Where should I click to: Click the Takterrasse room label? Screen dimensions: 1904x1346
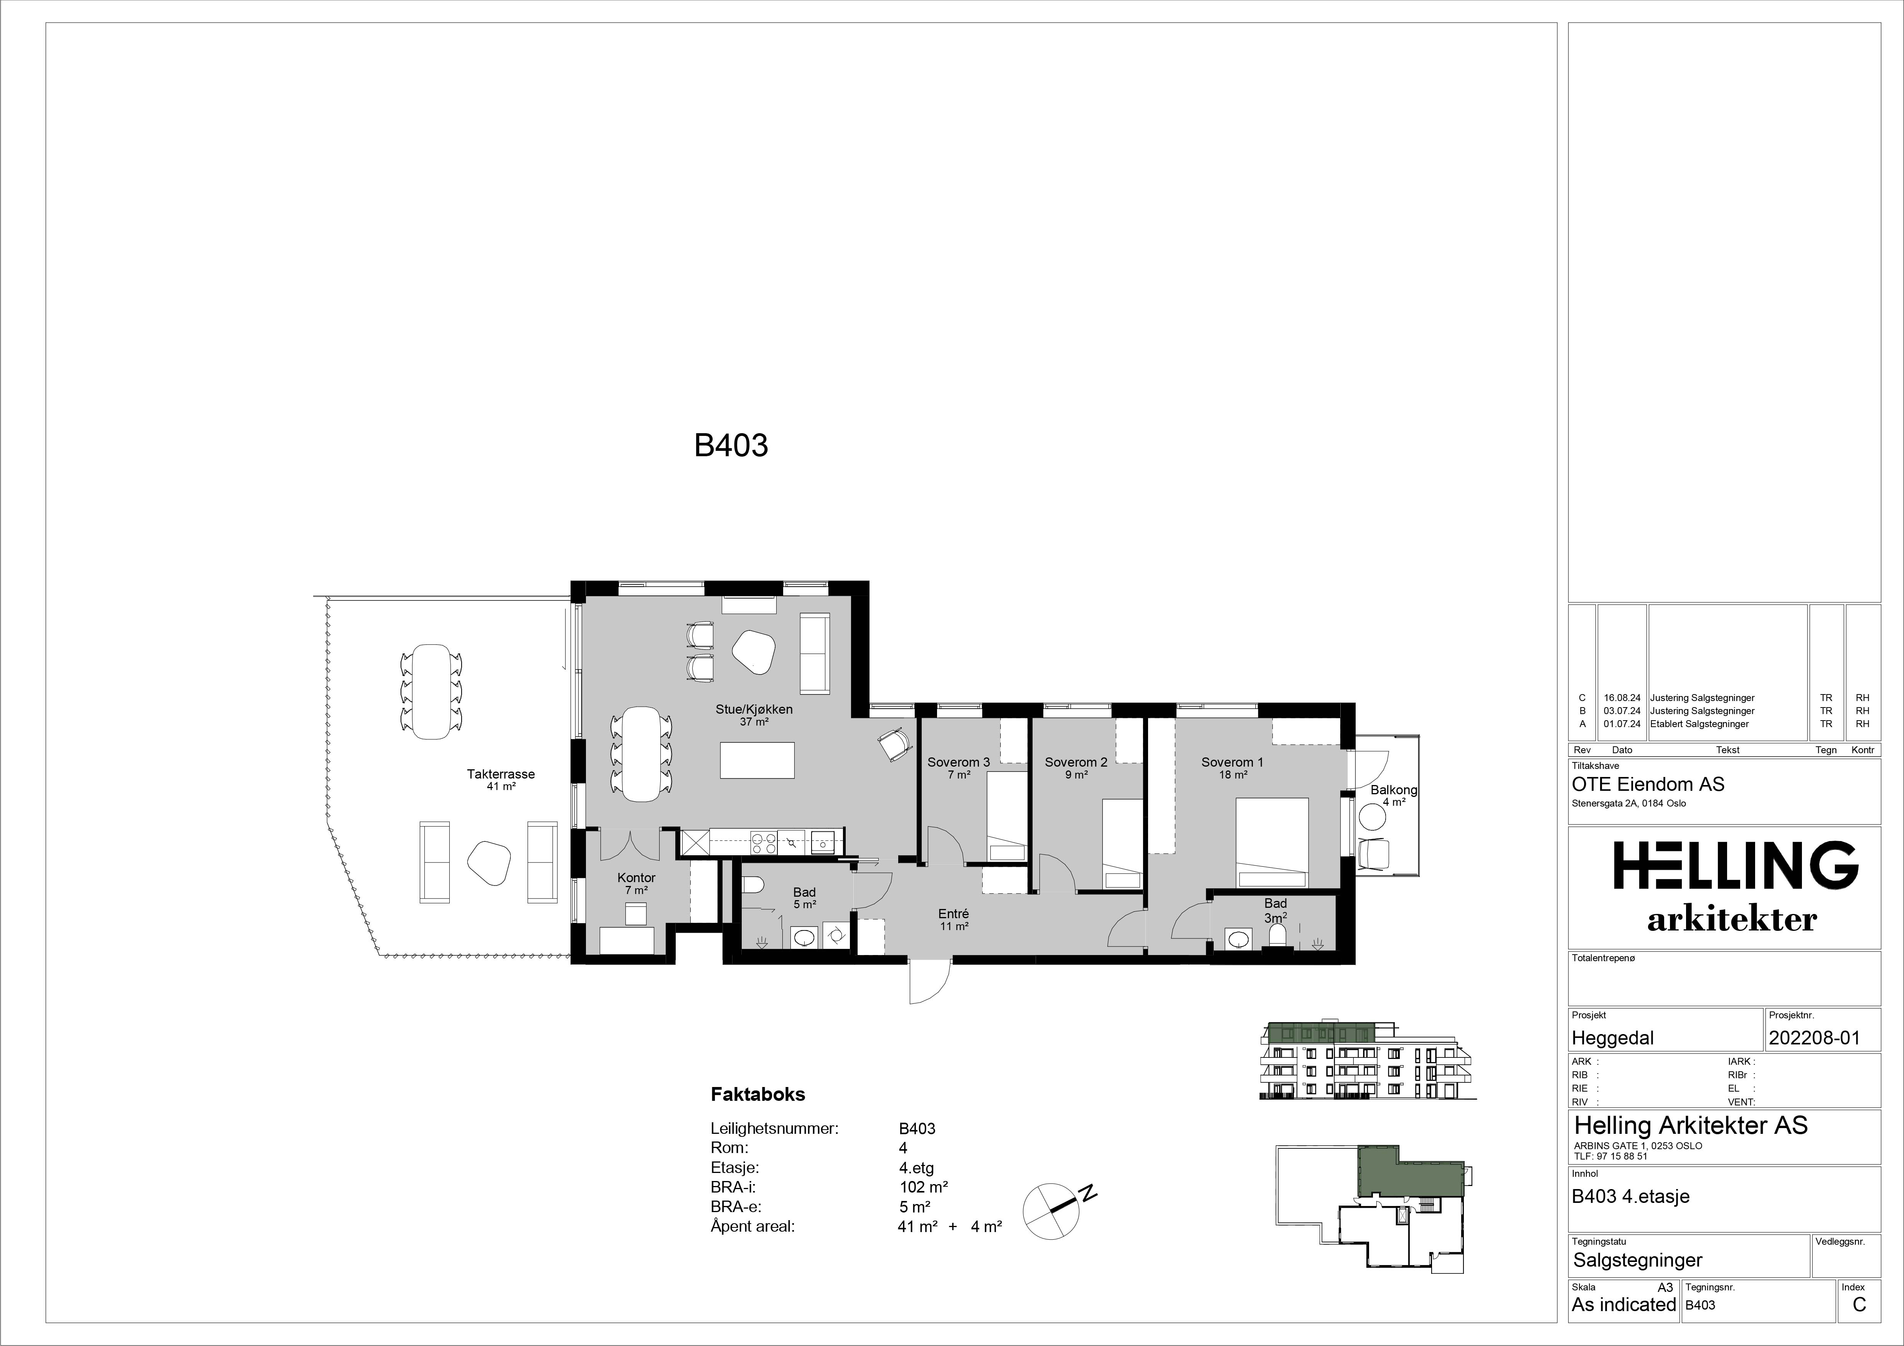501,774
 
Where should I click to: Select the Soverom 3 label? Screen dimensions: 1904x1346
959,762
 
